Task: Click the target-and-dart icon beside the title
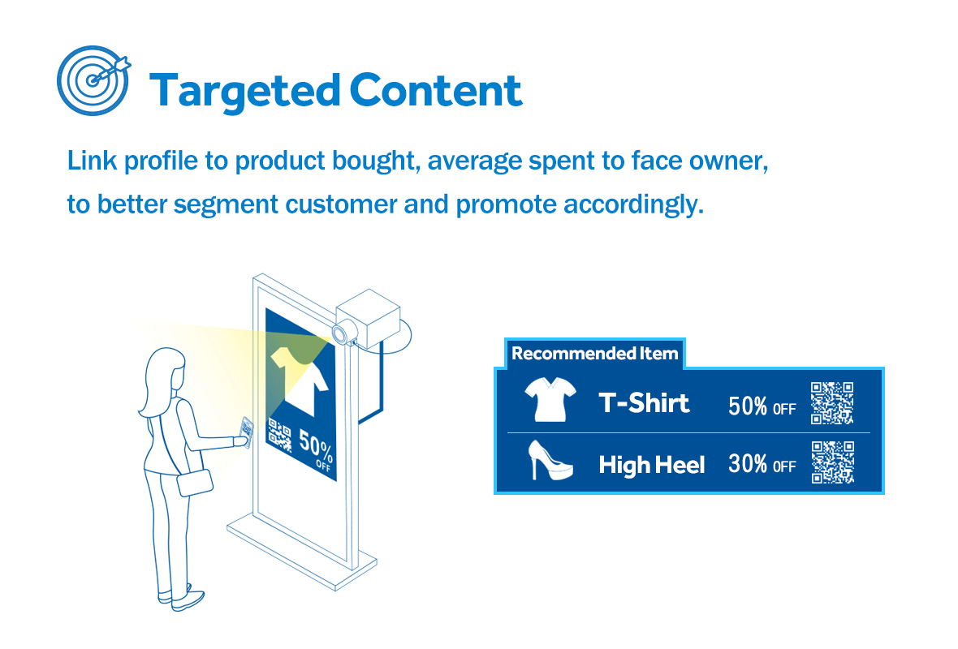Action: click(x=93, y=80)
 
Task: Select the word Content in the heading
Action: click(x=436, y=90)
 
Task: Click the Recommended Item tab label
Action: click(x=594, y=354)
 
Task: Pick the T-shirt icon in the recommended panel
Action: click(x=550, y=399)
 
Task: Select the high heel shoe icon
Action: click(x=550, y=460)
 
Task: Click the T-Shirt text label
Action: click(x=644, y=403)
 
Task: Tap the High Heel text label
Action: click(x=651, y=465)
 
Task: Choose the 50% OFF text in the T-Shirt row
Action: click(x=762, y=406)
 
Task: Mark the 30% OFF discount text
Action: click(x=762, y=464)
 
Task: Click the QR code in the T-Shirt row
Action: click(x=832, y=403)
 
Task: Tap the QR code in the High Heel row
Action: click(x=833, y=462)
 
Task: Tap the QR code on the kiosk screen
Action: click(x=279, y=436)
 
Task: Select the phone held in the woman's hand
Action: click(x=247, y=432)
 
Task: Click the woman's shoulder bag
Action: click(x=195, y=483)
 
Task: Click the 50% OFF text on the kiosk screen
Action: click(x=316, y=453)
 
